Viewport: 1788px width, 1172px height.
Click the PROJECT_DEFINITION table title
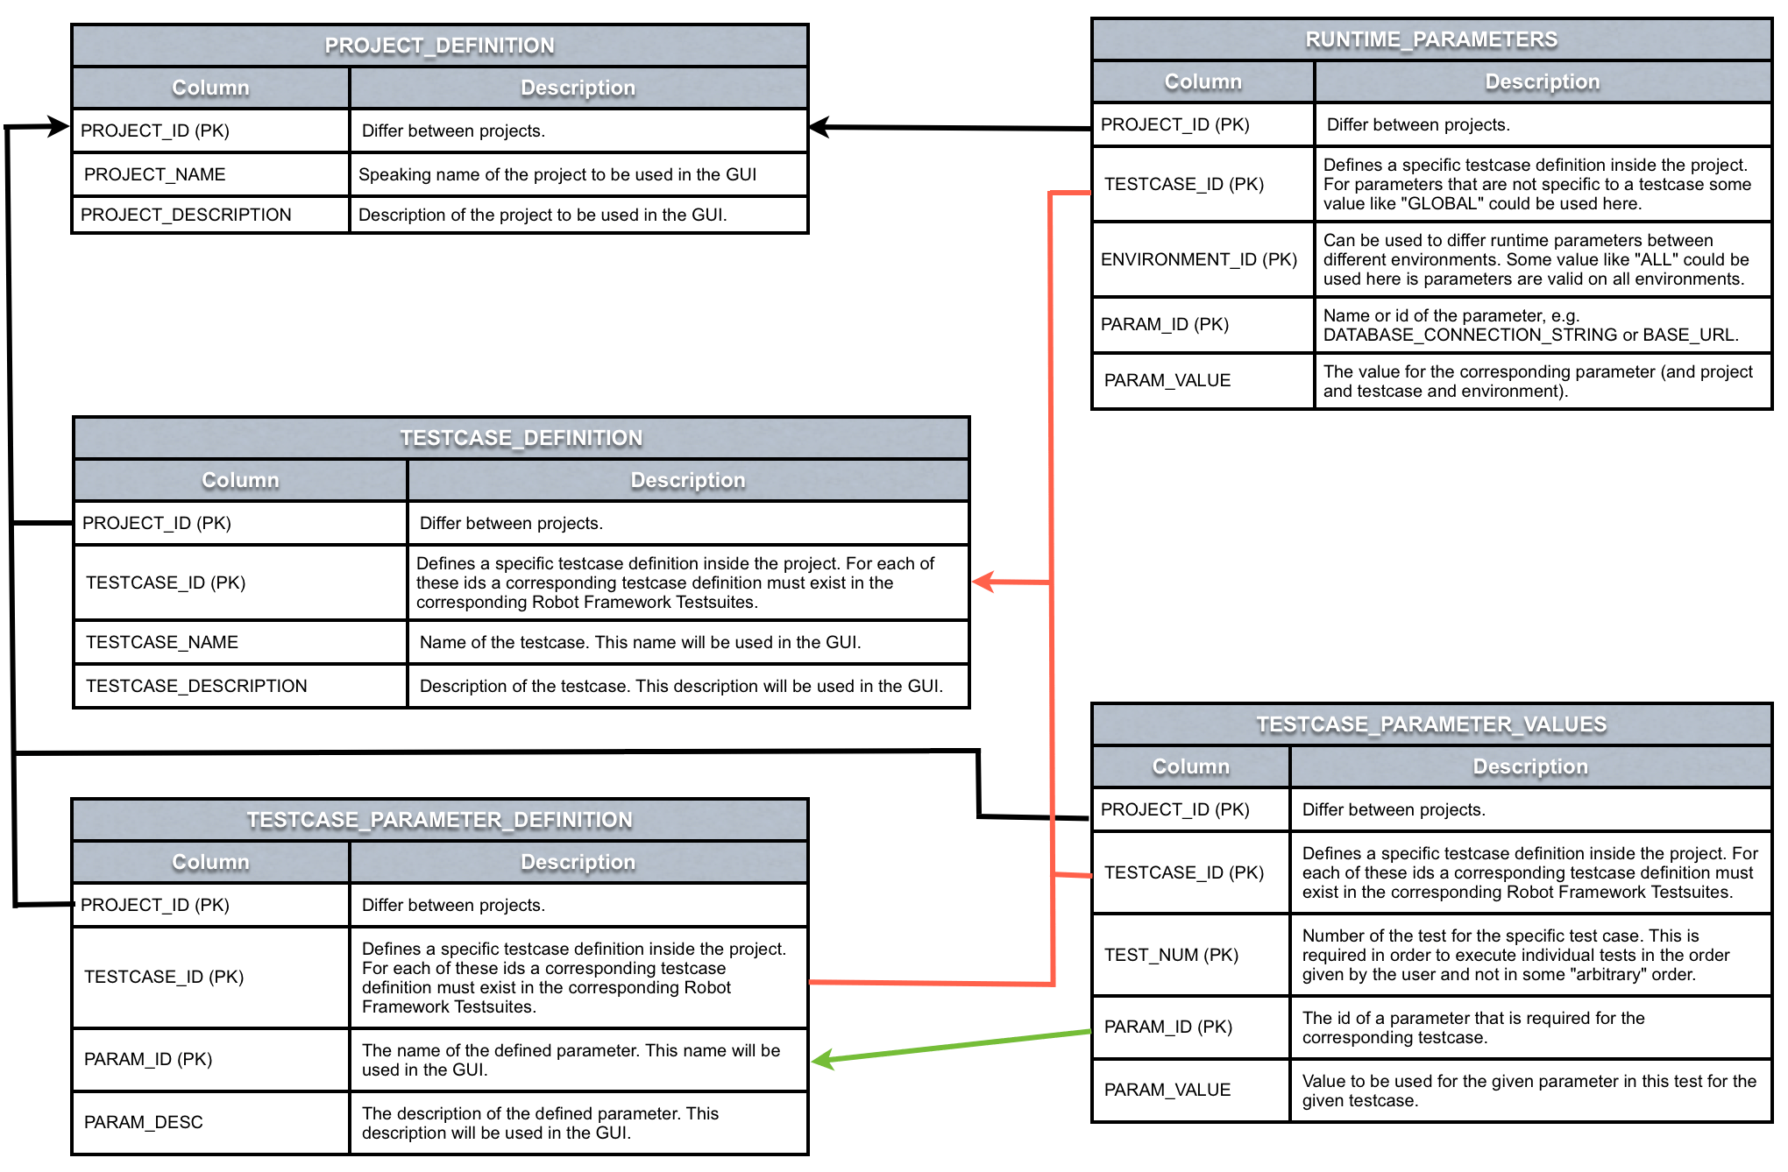click(439, 46)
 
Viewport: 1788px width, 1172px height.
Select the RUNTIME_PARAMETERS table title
click(1430, 39)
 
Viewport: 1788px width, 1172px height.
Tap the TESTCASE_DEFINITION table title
click(521, 438)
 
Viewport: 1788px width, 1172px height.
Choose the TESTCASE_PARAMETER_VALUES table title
click(1430, 724)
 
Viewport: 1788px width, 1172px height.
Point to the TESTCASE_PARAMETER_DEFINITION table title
click(439, 820)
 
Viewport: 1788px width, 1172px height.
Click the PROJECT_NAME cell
click(155, 174)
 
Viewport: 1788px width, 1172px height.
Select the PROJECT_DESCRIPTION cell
click(186, 215)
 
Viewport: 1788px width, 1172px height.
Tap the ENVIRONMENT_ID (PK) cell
click(1198, 259)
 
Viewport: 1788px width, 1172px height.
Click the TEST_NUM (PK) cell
click(1171, 955)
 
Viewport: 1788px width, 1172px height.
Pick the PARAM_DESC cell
click(144, 1122)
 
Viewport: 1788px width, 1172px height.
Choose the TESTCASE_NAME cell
click(162, 642)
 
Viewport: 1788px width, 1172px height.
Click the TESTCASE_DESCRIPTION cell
click(196, 686)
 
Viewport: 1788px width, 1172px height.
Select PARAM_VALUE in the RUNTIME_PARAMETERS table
click(1167, 380)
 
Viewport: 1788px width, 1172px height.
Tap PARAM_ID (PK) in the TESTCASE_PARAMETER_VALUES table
click(1167, 1027)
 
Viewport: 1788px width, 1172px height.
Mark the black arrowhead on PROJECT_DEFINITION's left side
click(59, 127)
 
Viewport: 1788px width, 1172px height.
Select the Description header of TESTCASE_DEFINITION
click(687, 480)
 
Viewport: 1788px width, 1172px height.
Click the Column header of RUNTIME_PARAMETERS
click(1203, 81)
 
